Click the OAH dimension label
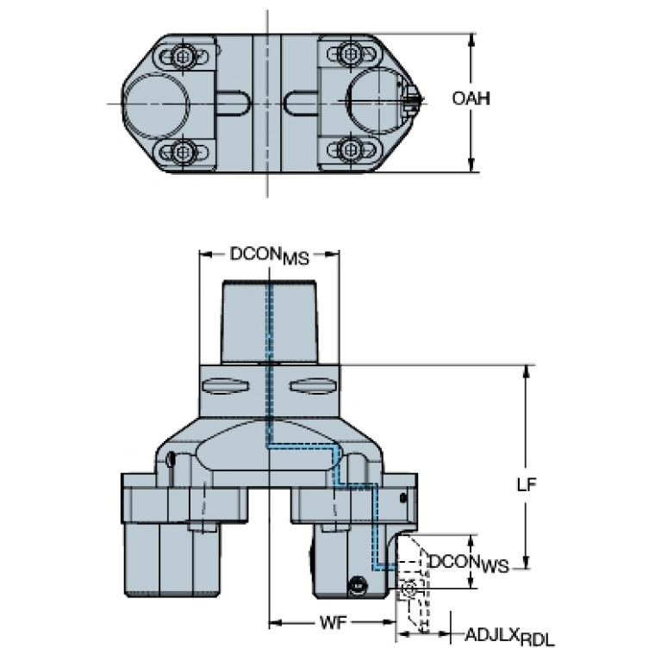(471, 98)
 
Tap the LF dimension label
(527, 485)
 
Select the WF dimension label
(333, 622)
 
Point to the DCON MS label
(270, 255)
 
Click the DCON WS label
(469, 564)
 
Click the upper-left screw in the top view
(182, 55)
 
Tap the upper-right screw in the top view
(350, 53)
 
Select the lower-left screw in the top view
(182, 151)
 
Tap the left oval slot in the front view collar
(226, 386)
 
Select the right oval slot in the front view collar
(312, 386)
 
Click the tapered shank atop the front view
(270, 321)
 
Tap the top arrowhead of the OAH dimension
(472, 39)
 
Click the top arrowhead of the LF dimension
(526, 371)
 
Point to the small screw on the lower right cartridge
(358, 586)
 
